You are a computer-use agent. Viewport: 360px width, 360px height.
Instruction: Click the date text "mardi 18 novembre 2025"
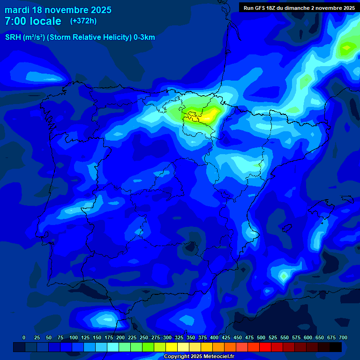[x=58, y=10]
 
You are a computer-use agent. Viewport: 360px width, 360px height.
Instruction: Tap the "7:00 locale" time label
[x=33, y=21]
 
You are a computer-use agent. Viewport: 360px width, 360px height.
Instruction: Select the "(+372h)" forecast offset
[x=83, y=21]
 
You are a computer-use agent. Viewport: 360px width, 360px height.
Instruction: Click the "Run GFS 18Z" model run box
[x=299, y=8]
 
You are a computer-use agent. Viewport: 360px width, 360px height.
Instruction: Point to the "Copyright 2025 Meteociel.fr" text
[x=199, y=357]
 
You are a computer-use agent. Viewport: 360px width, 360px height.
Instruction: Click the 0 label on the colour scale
[x=24, y=337]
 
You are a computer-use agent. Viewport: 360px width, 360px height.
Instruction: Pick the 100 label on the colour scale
[x=74, y=337]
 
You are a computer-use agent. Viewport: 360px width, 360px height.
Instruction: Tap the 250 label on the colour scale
[x=144, y=337]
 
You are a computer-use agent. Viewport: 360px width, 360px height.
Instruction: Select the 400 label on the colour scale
[x=214, y=337]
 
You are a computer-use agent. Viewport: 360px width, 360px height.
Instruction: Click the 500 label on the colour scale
[x=261, y=337]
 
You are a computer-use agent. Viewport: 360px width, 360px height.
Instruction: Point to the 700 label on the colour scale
[x=343, y=337]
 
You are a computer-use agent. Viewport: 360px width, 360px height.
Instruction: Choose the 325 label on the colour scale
[x=179, y=337]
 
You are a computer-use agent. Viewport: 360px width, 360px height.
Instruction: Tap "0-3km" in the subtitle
[x=144, y=37]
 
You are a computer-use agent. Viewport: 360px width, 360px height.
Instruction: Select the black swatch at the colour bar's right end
[x=336, y=347]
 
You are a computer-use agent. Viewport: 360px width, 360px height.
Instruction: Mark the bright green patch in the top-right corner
[x=348, y=47]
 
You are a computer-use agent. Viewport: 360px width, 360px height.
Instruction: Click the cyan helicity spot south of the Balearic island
[x=283, y=276]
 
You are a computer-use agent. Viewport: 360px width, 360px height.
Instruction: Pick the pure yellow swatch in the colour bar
[x=172, y=347]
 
